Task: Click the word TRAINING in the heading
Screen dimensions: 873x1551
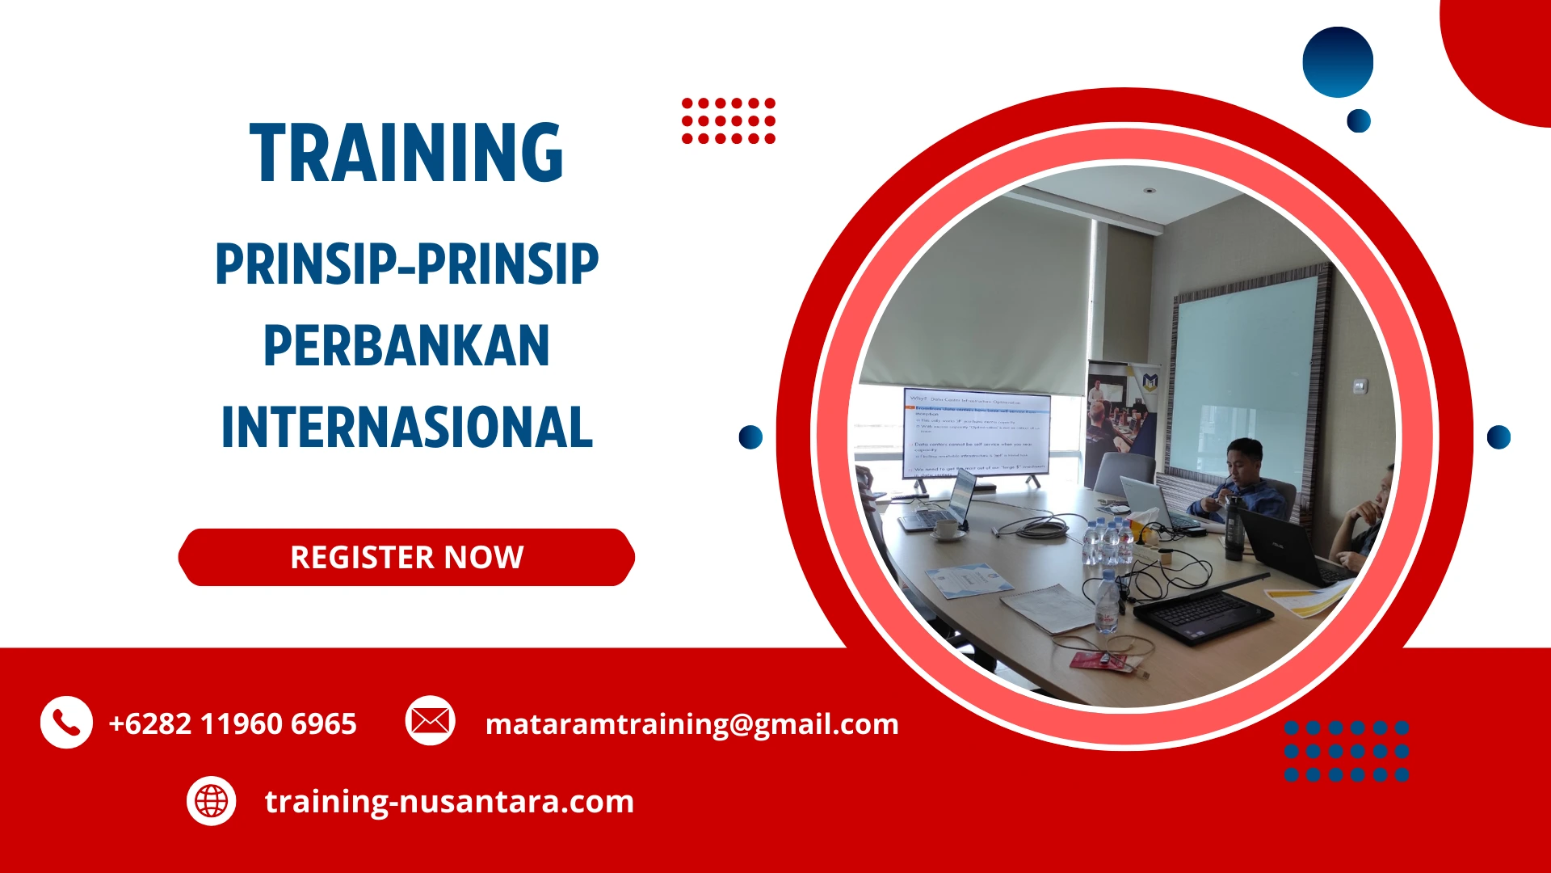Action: click(x=406, y=153)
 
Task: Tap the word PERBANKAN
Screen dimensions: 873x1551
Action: click(x=406, y=346)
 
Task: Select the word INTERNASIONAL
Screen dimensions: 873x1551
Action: click(x=406, y=428)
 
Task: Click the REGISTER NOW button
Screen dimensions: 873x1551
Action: click(x=406, y=558)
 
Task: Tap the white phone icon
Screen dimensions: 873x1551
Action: click(x=66, y=722)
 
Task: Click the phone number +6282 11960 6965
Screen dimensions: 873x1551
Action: click(x=233, y=723)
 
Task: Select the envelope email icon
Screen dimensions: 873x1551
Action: click(x=430, y=720)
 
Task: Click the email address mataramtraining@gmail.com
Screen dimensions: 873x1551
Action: click(x=691, y=723)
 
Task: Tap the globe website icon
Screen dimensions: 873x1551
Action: click(x=211, y=801)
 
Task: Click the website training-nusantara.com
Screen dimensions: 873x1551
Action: click(x=449, y=801)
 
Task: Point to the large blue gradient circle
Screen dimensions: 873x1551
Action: click(x=1338, y=62)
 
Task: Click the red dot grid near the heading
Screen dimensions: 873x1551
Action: click(x=728, y=120)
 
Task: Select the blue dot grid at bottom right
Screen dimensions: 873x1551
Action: click(x=1346, y=751)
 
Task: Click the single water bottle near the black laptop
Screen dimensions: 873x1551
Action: click(x=1107, y=602)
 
